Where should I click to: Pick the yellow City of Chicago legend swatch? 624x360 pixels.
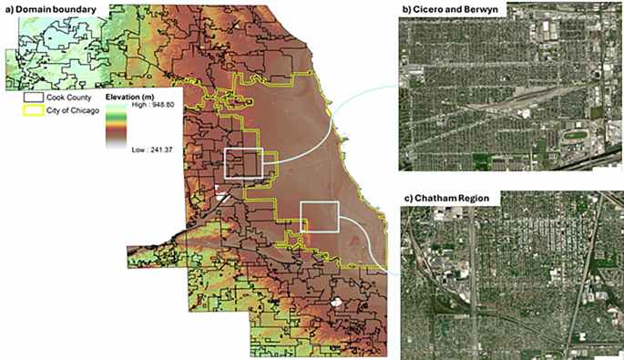pos(33,108)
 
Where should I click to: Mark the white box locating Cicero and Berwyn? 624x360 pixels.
pos(243,163)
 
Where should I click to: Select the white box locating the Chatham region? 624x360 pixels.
pos(319,220)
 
